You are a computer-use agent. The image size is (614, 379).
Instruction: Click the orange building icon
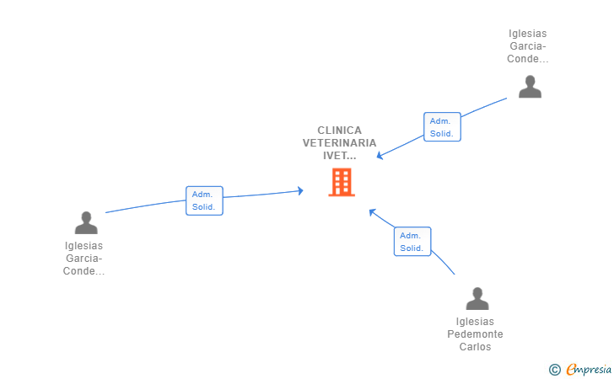[342, 182]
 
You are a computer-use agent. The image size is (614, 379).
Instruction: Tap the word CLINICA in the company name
[340, 131]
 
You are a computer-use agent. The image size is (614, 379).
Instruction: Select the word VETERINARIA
[340, 143]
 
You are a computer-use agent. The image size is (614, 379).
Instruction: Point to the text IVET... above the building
[340, 155]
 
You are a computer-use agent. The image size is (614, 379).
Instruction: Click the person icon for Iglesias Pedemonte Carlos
[477, 298]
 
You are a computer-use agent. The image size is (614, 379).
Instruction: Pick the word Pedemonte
[475, 334]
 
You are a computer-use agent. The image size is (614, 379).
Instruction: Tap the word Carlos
[475, 346]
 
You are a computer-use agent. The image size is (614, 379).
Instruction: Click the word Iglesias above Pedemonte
[475, 322]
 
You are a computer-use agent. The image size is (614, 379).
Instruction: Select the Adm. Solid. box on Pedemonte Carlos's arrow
[412, 242]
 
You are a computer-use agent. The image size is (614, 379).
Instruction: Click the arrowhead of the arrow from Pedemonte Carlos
[372, 212]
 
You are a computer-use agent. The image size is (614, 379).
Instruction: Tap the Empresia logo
[589, 369]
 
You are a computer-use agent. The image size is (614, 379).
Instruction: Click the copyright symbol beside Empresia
[554, 370]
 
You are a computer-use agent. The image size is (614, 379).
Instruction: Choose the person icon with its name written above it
[530, 87]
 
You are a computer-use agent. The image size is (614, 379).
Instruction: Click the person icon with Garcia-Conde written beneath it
[86, 222]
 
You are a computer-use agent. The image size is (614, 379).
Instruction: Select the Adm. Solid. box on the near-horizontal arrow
[204, 200]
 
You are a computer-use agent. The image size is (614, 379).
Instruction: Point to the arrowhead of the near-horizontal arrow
[300, 191]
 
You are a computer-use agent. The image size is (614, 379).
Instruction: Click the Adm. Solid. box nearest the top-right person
[442, 126]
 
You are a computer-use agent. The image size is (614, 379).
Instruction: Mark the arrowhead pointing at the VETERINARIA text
[379, 156]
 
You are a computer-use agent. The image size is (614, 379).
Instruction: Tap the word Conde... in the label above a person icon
[527, 59]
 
